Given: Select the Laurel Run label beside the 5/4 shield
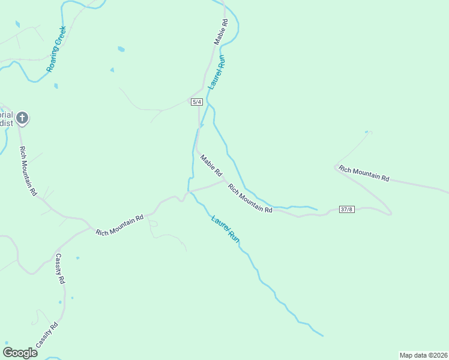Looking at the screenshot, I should tap(216, 73).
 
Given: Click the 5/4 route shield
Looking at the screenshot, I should tap(197, 102).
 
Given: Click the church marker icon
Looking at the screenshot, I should tap(22, 118).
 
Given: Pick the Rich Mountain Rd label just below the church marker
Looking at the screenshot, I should tap(28, 172).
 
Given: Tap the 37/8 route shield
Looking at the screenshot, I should tap(347, 209).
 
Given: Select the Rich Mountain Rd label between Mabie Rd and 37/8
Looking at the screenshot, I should tap(250, 199).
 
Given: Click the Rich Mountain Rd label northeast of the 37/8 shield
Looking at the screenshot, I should tap(364, 174).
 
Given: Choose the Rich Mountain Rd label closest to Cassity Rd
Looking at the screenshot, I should tap(120, 225).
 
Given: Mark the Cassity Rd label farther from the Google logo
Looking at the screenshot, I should tap(59, 269).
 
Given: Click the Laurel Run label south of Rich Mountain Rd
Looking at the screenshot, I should tap(226, 229).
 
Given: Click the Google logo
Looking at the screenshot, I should tap(20, 353).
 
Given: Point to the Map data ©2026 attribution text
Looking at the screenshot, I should tap(423, 355).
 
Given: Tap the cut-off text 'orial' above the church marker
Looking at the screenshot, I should tap(6, 114).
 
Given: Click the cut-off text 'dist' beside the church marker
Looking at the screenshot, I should tap(6, 123).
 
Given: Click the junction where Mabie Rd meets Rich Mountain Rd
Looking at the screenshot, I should tap(224, 180).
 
